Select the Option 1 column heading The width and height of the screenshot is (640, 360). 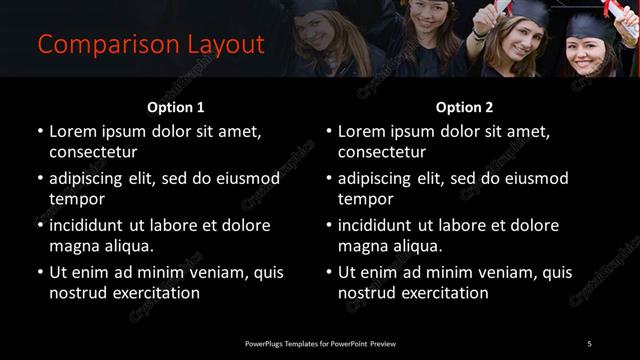[176, 107]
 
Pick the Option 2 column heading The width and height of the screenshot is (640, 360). [465, 107]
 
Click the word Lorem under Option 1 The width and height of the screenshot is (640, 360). [75, 131]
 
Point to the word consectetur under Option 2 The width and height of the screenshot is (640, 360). [382, 152]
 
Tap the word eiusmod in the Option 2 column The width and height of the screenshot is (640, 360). [533, 179]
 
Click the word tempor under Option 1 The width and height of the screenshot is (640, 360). [76, 199]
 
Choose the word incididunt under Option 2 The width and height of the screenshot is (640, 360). [383, 226]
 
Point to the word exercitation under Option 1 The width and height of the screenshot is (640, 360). [155, 293]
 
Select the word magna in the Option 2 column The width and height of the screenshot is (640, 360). [364, 246]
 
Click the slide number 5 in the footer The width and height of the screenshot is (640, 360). [589, 344]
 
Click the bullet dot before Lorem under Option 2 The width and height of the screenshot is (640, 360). [329, 132]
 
